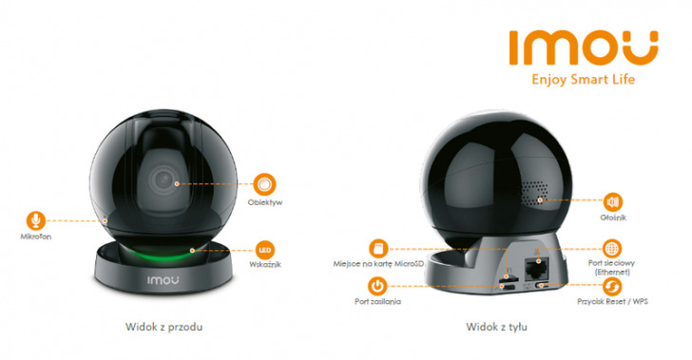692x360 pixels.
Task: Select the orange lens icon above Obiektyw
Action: [x=265, y=182]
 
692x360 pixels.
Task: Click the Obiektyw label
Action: [x=266, y=202]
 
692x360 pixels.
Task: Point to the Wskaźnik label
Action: [x=266, y=265]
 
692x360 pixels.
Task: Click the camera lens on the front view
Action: [x=163, y=180]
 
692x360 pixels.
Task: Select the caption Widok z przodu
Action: [x=163, y=326]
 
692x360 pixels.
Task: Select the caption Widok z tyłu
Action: [x=496, y=326]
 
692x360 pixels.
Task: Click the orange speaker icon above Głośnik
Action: [x=613, y=201]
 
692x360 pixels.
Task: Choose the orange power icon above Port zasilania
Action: [x=377, y=284]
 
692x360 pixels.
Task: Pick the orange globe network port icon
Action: [x=613, y=249]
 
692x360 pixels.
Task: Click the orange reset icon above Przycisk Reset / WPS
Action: [x=613, y=285]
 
